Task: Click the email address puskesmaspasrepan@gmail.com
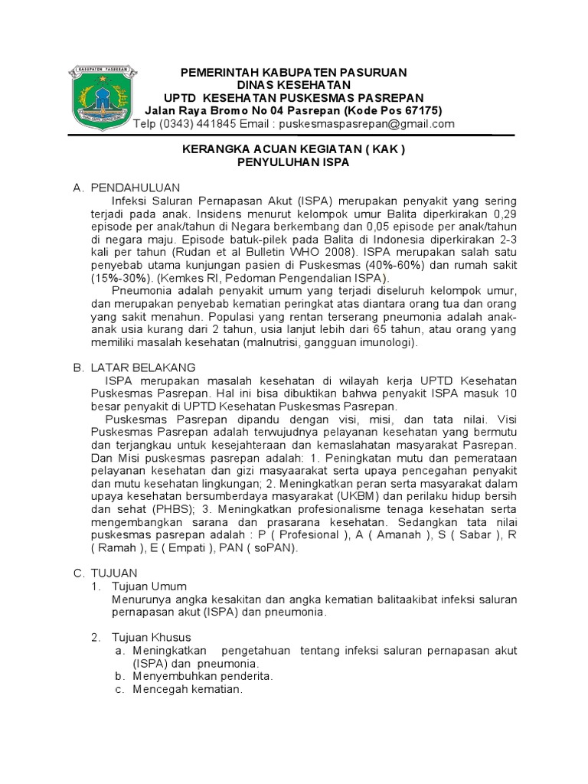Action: pos(367,124)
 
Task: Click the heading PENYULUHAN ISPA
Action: pos(293,163)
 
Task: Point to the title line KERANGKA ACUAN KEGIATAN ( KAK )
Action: pos(293,150)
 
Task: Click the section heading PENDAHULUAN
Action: pos(135,187)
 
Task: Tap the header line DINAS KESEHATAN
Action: pos(293,84)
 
